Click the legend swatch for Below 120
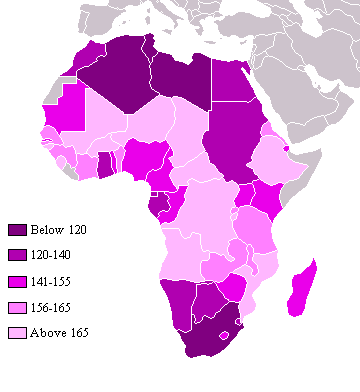coord(16,230)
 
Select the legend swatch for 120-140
coord(16,255)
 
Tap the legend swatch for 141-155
coord(16,281)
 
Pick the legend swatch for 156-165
coord(16,306)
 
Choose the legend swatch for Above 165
coord(16,332)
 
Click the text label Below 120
coord(58,230)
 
